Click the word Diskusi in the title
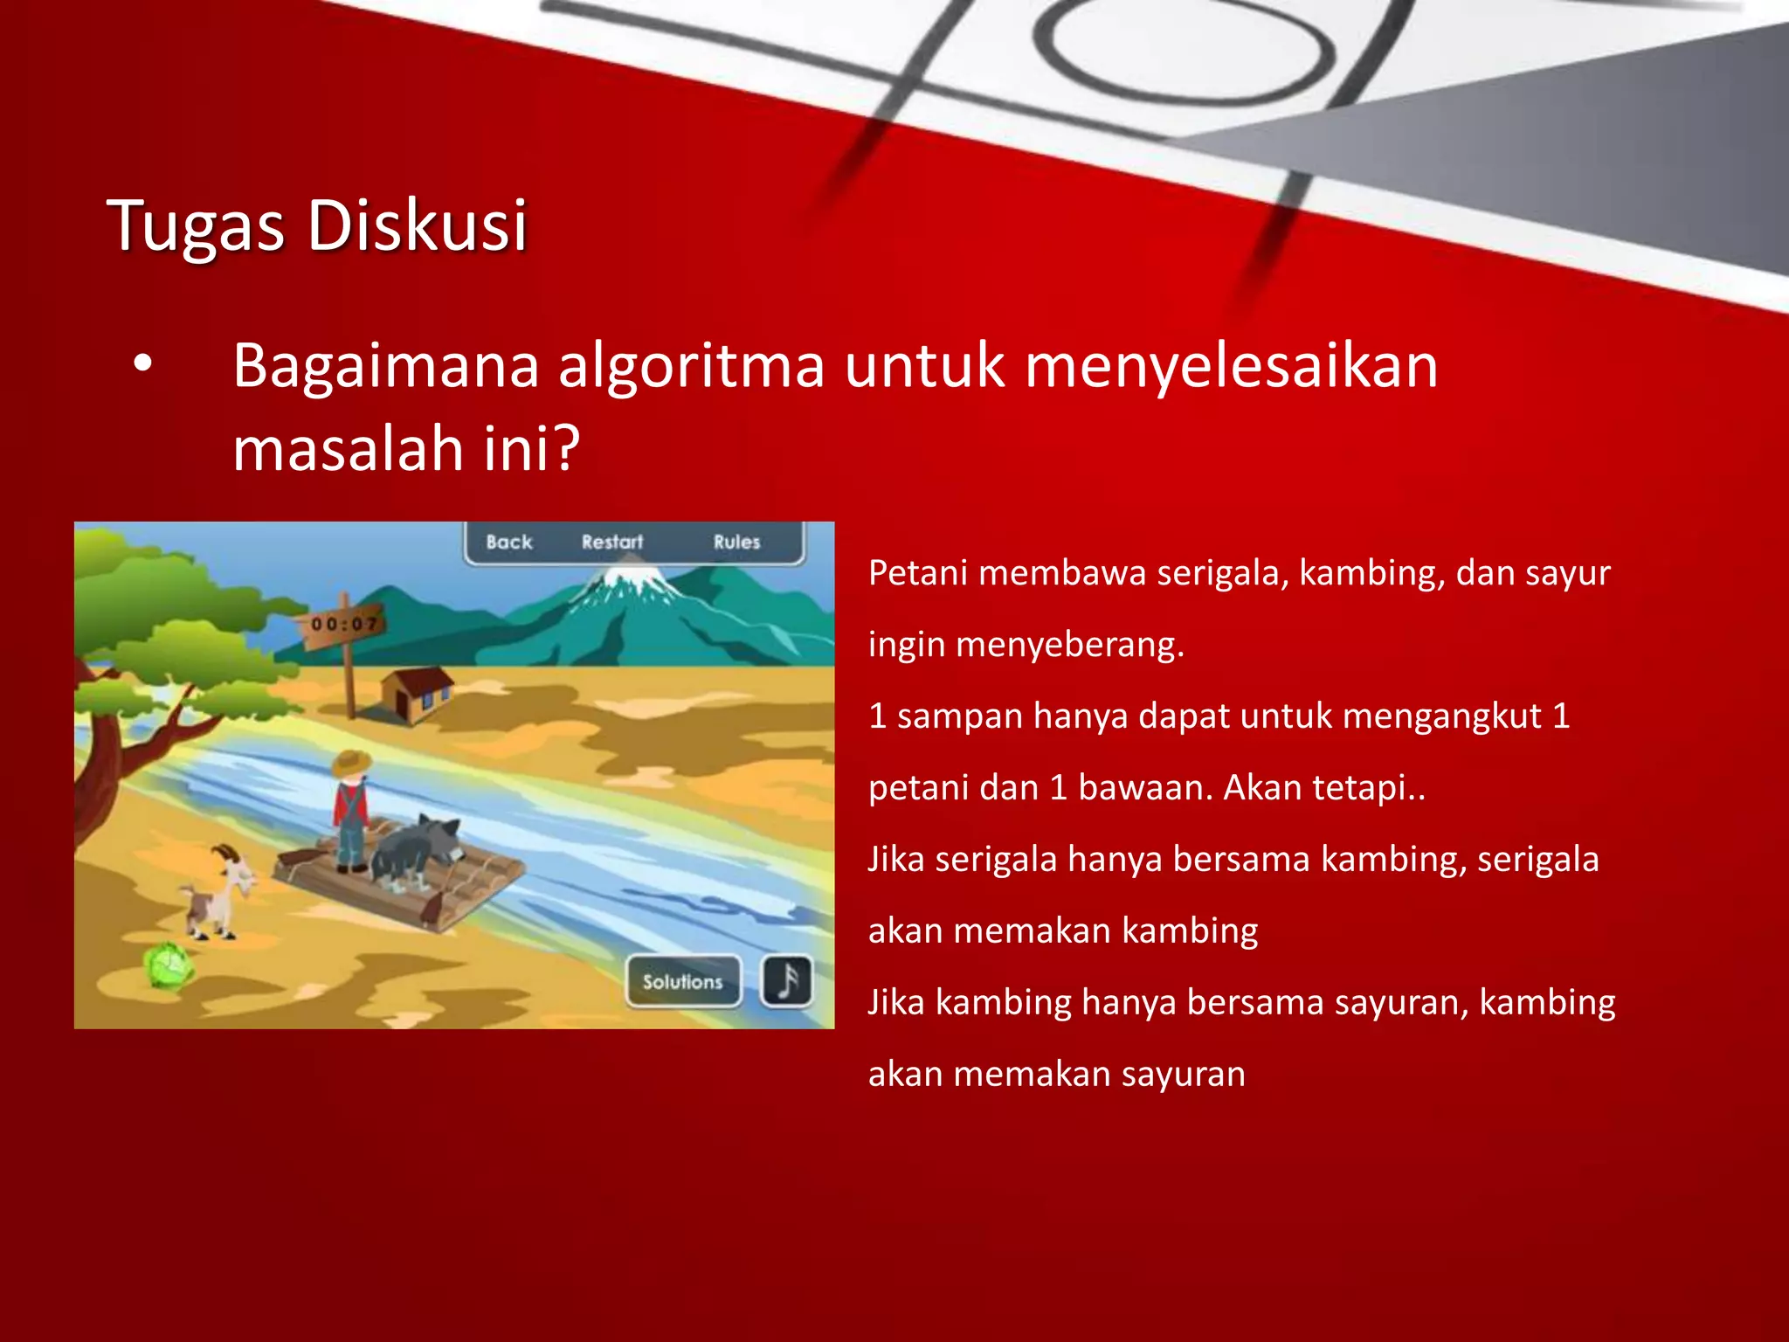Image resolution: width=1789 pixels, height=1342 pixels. [417, 225]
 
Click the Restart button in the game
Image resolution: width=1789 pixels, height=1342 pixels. [611, 543]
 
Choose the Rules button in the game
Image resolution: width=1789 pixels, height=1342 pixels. [736, 543]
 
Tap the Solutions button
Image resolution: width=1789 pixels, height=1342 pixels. [683, 982]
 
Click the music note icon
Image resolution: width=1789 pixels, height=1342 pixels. [787, 981]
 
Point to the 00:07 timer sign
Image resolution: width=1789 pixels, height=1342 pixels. [344, 624]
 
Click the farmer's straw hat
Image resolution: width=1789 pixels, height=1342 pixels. [351, 763]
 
